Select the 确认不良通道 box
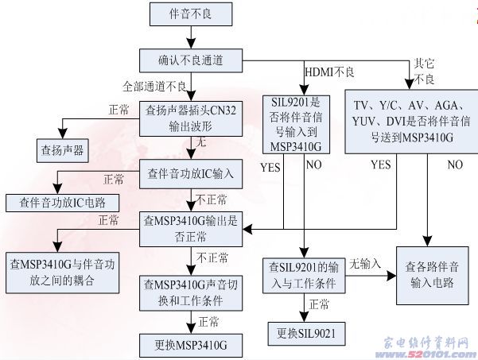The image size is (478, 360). click(191, 59)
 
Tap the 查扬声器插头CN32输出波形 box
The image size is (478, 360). click(191, 118)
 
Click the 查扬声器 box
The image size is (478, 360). click(63, 149)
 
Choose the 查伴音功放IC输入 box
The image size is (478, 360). click(191, 173)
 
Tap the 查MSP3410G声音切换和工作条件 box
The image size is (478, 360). click(191, 292)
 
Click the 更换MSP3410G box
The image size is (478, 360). click(191, 344)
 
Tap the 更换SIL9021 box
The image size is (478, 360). click(305, 334)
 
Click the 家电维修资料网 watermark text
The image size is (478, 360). click(426, 342)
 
